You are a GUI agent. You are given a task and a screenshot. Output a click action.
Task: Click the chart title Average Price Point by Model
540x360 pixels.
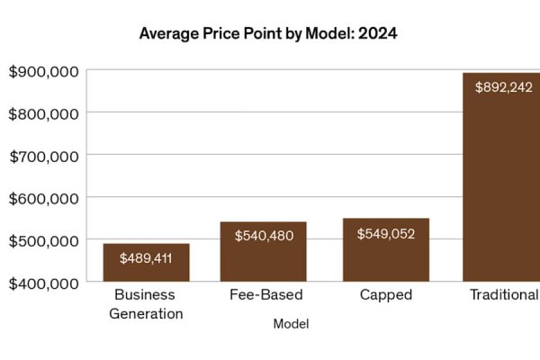268,34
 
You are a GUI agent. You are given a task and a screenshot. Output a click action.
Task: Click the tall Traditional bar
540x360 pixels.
500,180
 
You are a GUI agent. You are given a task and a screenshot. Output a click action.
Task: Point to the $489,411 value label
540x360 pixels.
146,258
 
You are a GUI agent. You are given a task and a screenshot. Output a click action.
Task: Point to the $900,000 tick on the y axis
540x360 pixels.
43,71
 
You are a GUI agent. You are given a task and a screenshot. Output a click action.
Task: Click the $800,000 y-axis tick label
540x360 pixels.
43,113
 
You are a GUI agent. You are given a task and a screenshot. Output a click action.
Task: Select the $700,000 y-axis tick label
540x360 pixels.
43,156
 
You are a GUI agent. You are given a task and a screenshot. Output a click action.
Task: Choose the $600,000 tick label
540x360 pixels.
43,198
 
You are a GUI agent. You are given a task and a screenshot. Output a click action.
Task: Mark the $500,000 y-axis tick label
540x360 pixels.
43,240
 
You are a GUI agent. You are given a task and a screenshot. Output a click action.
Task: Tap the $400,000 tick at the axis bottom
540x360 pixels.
43,283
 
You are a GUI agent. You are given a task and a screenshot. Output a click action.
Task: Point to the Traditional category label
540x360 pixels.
504,295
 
